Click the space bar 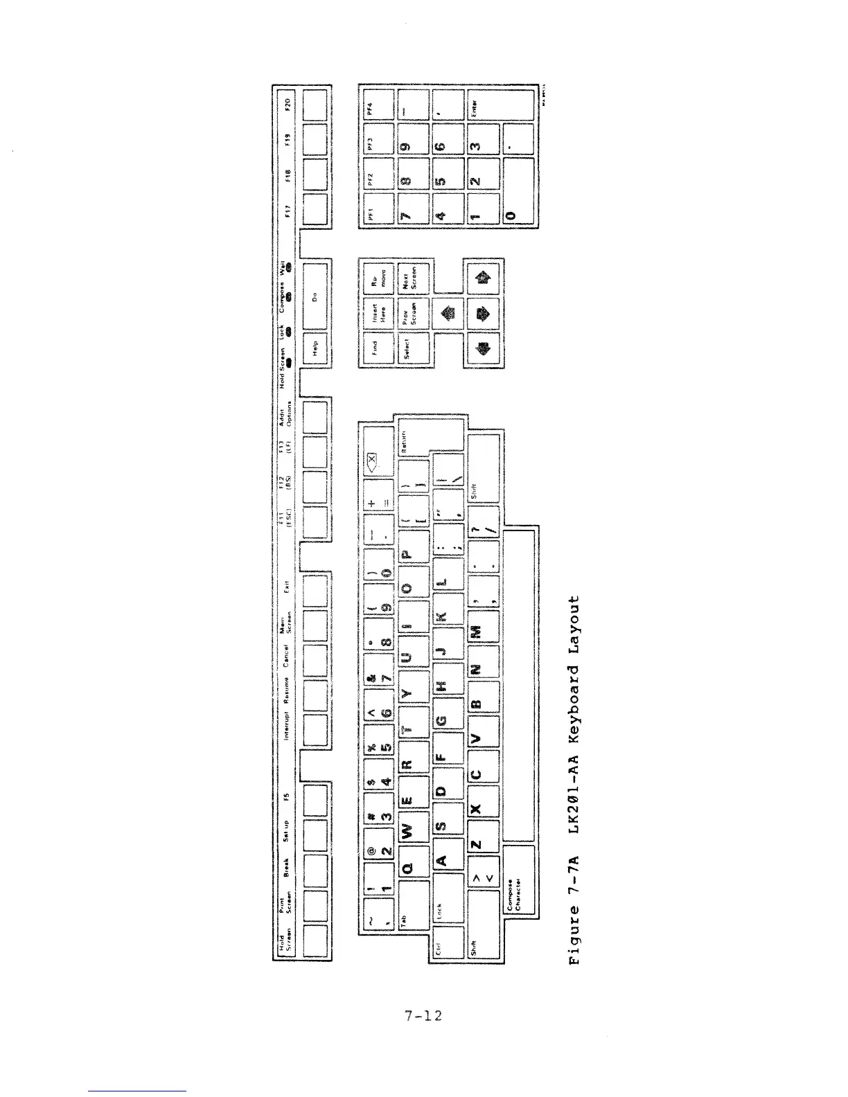point(519,686)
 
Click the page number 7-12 point(423,1016)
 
